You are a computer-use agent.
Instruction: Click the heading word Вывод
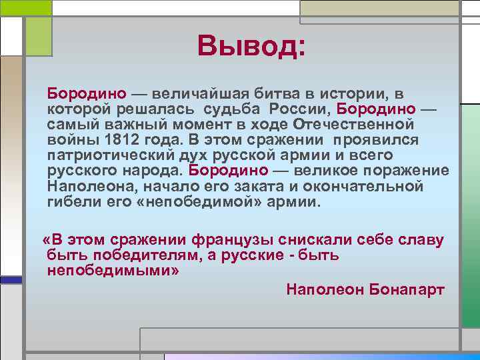pyautogui.click(x=251, y=46)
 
